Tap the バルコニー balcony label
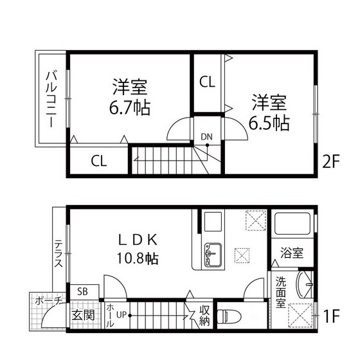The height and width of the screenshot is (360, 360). [50, 100]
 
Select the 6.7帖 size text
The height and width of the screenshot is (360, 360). [130, 107]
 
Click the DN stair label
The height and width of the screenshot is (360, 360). [206, 136]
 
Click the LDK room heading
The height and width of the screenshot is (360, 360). [137, 240]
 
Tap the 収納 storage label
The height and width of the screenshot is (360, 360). [205, 316]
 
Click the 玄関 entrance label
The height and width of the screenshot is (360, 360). [82, 316]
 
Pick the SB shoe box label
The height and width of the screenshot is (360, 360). [83, 291]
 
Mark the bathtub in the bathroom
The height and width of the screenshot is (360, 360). [293, 225]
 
